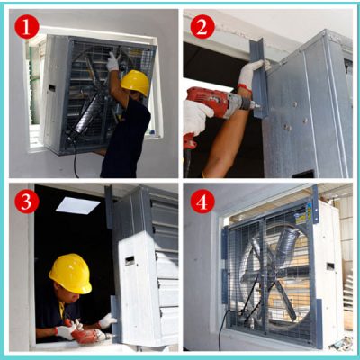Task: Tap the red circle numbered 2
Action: click(202, 27)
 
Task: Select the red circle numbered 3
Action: click(27, 201)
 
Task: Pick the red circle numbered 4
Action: click(202, 201)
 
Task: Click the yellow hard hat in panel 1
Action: click(136, 83)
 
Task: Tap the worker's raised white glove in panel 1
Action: click(112, 61)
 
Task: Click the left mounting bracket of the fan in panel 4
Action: click(224, 265)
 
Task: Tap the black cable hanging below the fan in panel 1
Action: click(74, 162)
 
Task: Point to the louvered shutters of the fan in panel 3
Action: click(166, 270)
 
